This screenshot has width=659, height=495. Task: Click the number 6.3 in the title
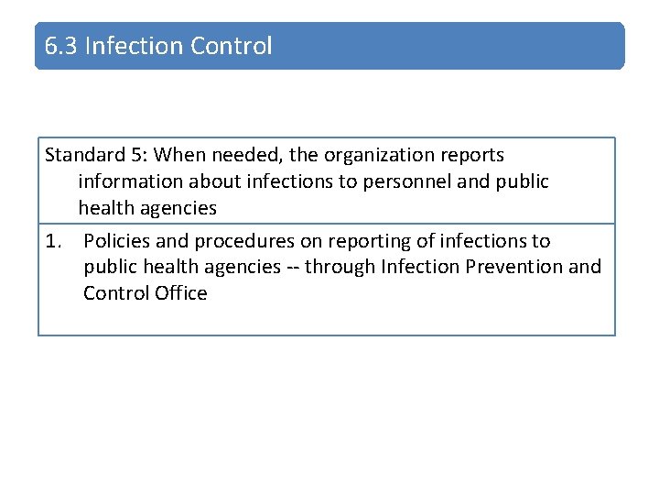(x=62, y=46)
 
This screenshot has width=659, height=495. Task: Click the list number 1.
(x=53, y=241)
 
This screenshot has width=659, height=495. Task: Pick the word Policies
(x=116, y=241)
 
